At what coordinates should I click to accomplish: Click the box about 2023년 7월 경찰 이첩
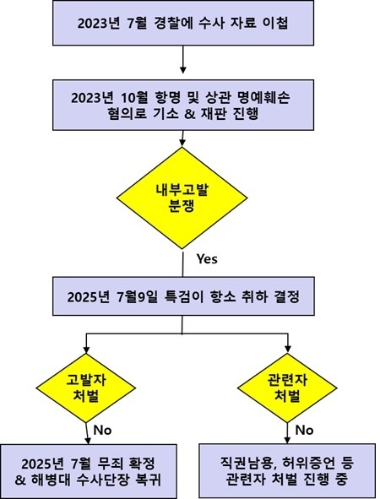183,23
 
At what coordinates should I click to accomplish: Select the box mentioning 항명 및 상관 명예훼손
183,105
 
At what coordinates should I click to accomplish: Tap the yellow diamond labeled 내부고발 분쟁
182,198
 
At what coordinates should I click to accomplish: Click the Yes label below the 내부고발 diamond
207,258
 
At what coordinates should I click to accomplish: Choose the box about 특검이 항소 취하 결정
183,296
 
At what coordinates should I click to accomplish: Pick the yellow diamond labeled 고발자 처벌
86,388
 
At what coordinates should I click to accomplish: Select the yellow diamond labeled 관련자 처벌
287,388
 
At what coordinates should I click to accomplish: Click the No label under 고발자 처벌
102,431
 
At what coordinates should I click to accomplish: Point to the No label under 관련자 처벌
304,431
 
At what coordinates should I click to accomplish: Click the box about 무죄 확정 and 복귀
88,471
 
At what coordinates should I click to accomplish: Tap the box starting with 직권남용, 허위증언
287,470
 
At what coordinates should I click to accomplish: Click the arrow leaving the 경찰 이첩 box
182,59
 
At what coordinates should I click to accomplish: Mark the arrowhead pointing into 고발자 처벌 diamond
86,350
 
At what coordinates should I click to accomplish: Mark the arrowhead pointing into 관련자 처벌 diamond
287,350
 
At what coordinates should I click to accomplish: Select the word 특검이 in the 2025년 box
182,297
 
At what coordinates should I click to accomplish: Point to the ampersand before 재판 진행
189,114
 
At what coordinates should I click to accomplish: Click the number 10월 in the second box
135,97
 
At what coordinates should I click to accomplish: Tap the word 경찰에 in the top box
173,24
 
